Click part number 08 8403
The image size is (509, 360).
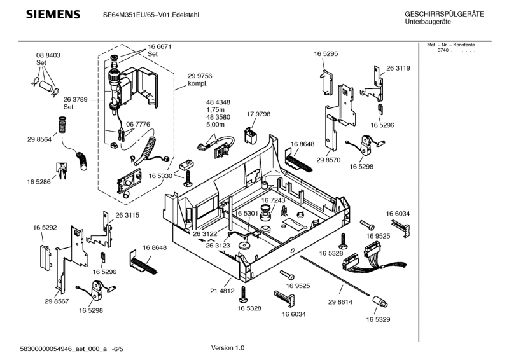[48, 56]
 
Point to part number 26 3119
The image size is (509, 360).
[398, 68]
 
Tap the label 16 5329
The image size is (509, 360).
[378, 320]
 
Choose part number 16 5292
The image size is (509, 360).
[45, 227]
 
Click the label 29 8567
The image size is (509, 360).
[57, 301]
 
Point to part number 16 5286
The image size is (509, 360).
[39, 182]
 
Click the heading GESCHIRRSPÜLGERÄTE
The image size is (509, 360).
[444, 14]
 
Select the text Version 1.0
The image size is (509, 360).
[227, 348]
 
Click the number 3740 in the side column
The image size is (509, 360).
[443, 50]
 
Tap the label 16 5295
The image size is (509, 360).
[325, 55]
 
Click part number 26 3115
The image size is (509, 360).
[127, 216]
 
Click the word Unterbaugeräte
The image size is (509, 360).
[428, 22]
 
